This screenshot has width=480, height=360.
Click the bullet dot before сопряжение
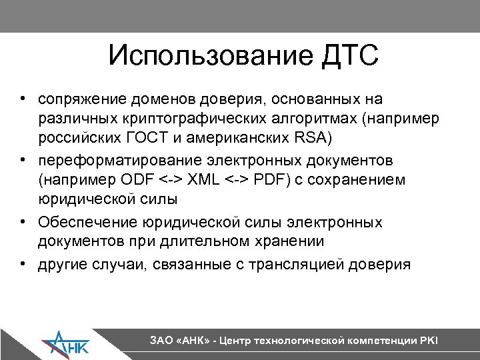click(x=23, y=100)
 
